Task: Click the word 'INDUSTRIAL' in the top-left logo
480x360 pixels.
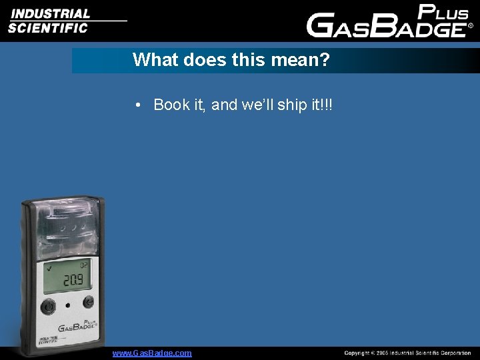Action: click(49, 13)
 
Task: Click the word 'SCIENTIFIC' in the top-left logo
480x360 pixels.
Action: click(48, 28)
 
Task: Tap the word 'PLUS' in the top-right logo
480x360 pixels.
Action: click(443, 13)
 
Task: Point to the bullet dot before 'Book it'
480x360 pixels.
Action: click(136, 105)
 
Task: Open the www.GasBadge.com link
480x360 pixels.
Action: click(152, 353)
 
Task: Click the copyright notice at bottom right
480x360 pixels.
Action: click(407, 353)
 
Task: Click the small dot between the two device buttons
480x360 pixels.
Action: click(68, 305)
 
